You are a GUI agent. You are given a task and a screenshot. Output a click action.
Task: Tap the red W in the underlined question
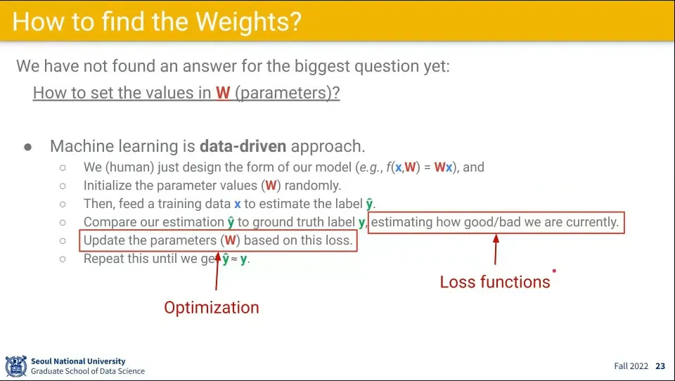(223, 93)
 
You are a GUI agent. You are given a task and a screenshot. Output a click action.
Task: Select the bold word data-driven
(243, 146)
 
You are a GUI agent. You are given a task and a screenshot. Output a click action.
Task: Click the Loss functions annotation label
(495, 282)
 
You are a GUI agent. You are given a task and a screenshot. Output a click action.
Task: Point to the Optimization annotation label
(212, 307)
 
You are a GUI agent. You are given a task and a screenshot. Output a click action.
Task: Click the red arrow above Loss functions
(496, 250)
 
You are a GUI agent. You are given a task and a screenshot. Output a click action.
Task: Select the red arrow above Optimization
(217, 271)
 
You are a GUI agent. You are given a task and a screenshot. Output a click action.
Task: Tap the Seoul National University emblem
(16, 366)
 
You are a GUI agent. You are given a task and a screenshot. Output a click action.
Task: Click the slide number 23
(660, 366)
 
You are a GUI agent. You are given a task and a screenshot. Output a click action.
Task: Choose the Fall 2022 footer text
(631, 366)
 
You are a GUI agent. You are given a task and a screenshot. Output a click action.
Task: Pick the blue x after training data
(237, 204)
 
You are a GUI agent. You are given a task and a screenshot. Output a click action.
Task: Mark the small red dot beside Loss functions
(554, 271)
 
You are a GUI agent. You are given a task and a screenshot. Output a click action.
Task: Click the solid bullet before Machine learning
(28, 147)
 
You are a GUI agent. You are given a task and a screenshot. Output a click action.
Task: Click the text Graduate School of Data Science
(88, 371)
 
